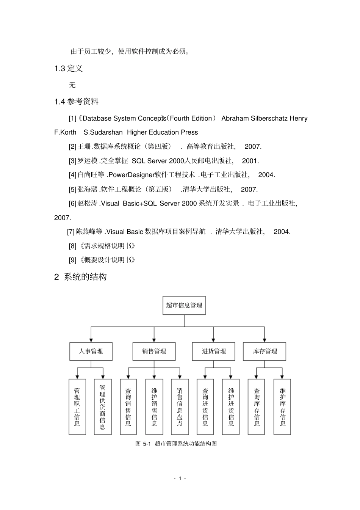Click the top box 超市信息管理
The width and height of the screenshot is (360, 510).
(184, 305)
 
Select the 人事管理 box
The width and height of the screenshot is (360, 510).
(91, 352)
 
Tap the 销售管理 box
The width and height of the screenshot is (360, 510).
(154, 352)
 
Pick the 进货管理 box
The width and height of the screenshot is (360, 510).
(213, 352)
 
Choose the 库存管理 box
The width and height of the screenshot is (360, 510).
(265, 352)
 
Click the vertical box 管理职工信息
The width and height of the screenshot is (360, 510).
(77, 406)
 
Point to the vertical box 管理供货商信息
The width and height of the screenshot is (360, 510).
(103, 406)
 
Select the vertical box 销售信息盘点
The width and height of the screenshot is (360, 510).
(180, 406)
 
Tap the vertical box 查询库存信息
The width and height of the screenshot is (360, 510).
(257, 406)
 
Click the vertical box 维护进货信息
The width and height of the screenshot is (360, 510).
(231, 406)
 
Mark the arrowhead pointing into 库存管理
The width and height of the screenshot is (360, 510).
(265, 340)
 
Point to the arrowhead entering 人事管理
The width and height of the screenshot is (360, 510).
(91, 340)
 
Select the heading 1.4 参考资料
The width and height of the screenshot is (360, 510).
(77, 102)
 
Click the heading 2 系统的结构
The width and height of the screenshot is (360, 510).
(80, 277)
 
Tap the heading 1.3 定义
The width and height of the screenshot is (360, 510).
(69, 69)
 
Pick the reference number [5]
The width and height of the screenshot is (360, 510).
(72, 189)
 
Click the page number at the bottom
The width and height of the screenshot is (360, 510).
(180, 478)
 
